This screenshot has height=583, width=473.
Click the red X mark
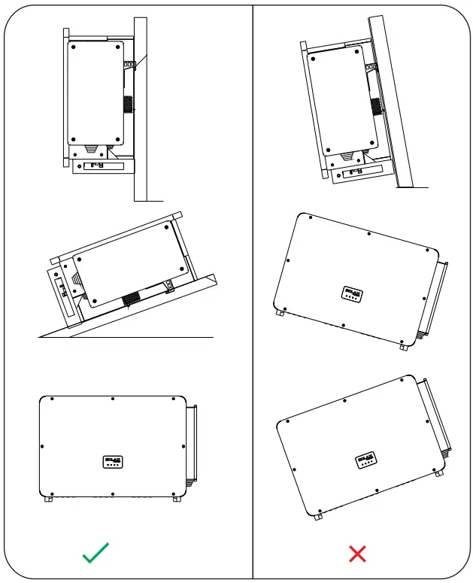358,554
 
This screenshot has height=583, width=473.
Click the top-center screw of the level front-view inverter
112,399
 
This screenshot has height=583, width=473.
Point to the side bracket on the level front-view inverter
192,444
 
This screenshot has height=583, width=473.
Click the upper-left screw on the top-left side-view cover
74,47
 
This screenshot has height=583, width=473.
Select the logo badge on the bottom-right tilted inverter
367,460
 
